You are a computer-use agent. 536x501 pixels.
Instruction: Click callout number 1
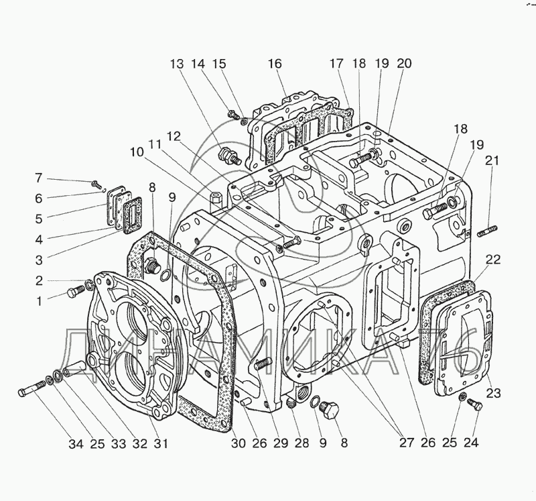click(40, 300)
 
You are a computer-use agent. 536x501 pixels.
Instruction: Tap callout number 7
click(39, 178)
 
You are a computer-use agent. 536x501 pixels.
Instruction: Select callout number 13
click(176, 64)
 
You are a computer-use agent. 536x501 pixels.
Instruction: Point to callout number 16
click(274, 64)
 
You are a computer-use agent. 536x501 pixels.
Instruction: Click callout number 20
click(404, 64)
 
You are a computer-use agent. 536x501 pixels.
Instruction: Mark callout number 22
click(493, 260)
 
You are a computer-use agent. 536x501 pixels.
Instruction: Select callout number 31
click(161, 443)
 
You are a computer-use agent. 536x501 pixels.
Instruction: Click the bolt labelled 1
click(73, 293)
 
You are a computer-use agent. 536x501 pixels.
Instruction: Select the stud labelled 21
click(486, 233)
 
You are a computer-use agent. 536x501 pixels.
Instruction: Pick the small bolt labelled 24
click(476, 404)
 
